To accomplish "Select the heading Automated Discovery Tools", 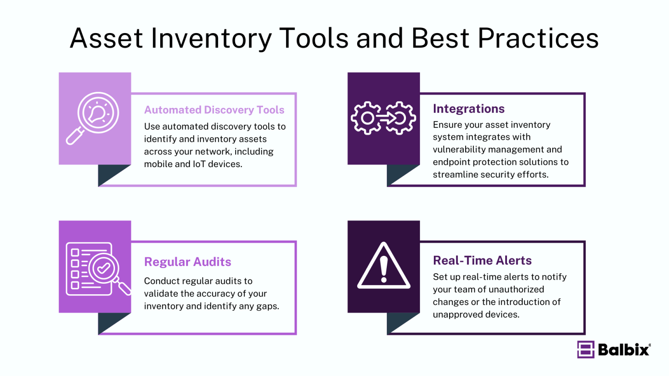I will tap(214, 110).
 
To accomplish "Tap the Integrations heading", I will tap(469, 108).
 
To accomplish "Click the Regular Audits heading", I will tap(187, 262).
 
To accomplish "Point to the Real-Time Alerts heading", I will tap(482, 260).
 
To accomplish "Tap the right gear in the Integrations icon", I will tap(400, 118).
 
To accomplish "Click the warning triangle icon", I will tap(384, 266).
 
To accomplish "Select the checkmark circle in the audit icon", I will tap(104, 268).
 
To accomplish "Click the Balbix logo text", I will tap(624, 349).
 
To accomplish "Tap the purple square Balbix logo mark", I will tap(586, 349).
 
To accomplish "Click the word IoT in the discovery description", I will tap(199, 164).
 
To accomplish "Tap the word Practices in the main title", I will tap(538, 38).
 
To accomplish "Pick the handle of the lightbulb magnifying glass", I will tap(75, 136).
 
